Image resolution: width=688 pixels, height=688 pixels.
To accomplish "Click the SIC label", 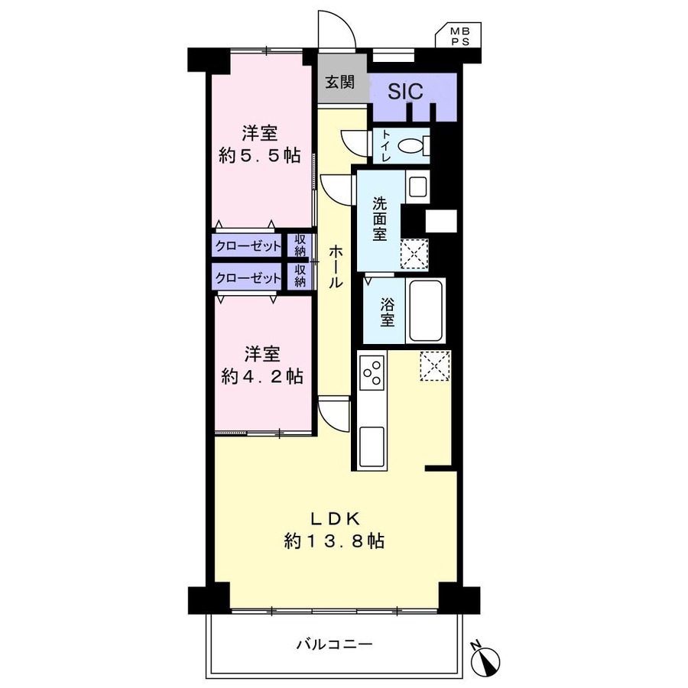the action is (x=405, y=91).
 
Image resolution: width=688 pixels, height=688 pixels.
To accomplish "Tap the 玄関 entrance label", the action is (x=339, y=82).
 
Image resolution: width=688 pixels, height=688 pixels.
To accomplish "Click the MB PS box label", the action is (x=459, y=36).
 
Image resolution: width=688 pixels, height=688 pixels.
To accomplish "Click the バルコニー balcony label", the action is (x=334, y=644).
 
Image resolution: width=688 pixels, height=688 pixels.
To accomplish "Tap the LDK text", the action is (x=336, y=519).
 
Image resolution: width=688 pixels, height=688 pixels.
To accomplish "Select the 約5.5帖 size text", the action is (x=259, y=156).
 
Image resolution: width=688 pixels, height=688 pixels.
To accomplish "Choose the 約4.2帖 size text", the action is (x=262, y=376).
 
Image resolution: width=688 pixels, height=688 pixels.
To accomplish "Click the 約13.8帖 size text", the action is (x=334, y=541).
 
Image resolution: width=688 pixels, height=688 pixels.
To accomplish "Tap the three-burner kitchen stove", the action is (x=372, y=372).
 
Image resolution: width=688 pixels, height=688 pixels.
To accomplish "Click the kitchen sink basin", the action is (x=372, y=446).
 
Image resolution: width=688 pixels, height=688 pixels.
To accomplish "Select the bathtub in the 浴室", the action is (x=425, y=310).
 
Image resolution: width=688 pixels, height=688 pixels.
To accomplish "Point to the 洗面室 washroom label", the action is (x=379, y=219).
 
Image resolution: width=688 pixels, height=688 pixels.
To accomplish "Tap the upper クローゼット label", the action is (x=248, y=246).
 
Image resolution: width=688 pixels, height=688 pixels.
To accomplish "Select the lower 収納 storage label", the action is (x=300, y=275).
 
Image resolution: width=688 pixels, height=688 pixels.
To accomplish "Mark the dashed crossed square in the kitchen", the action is (x=435, y=365).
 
